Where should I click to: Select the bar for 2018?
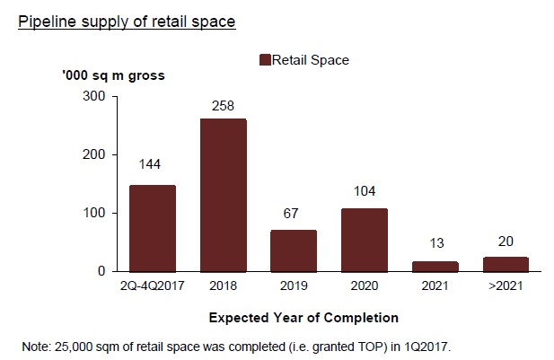[x=224, y=196]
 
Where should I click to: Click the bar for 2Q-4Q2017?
[x=153, y=229]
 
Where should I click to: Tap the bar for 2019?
[x=294, y=251]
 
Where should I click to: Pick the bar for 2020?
[x=365, y=241]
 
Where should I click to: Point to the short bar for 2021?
[x=435, y=267]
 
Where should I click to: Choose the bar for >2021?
[x=506, y=265]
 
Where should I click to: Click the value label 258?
[x=223, y=106]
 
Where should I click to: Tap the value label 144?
[x=149, y=164]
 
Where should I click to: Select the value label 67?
[x=291, y=214]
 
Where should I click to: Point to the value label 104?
[x=365, y=191]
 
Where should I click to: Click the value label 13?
[x=436, y=243]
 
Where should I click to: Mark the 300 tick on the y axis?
[x=94, y=96]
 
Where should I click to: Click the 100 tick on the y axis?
[x=94, y=213]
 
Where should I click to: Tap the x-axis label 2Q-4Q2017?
[x=153, y=285]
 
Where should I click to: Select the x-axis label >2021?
[x=506, y=285]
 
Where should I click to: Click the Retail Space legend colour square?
[x=265, y=60]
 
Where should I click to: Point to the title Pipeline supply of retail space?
[x=127, y=22]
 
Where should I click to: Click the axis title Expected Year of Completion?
[x=303, y=318]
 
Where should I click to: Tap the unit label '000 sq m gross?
[x=113, y=75]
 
